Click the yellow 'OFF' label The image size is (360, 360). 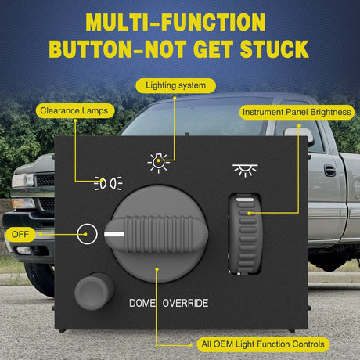20,233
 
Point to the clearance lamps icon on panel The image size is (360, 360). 107,184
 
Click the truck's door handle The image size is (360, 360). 329,170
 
